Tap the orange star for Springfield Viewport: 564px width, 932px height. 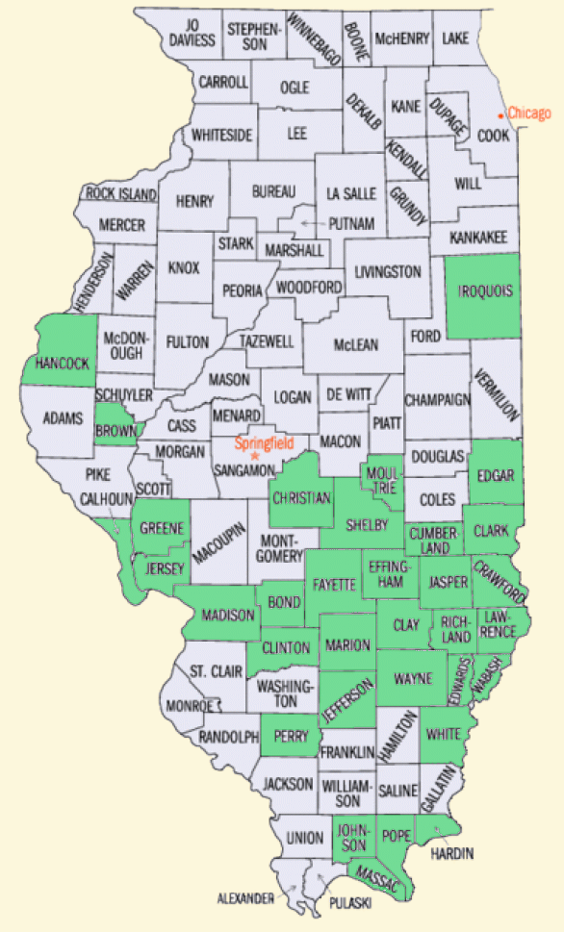click(255, 455)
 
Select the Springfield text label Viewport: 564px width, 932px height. click(263, 444)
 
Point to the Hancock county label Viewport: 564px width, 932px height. click(62, 364)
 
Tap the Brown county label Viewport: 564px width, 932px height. click(115, 432)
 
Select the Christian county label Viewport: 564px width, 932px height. click(301, 498)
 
